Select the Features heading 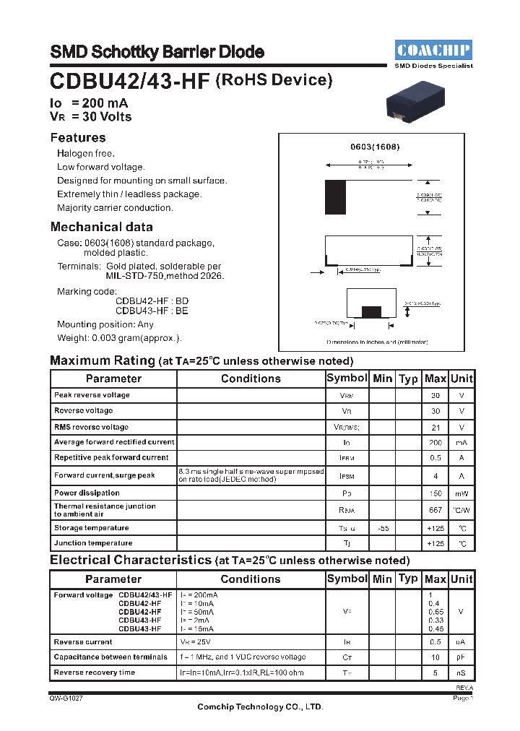pos(78,138)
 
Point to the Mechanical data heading pos(101,227)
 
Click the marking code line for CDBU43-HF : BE pos(152,311)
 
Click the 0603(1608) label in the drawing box pos(375,147)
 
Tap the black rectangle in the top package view pos(335,195)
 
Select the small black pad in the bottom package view pos(371,311)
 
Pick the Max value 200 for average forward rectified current pos(435,442)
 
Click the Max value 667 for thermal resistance pos(435,510)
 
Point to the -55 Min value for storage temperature pos(382,528)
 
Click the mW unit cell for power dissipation pos(461,493)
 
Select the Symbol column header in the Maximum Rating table pos(347,379)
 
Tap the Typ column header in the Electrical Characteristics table pos(408,579)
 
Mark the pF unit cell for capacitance pos(461,657)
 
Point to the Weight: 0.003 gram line pos(119,338)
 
